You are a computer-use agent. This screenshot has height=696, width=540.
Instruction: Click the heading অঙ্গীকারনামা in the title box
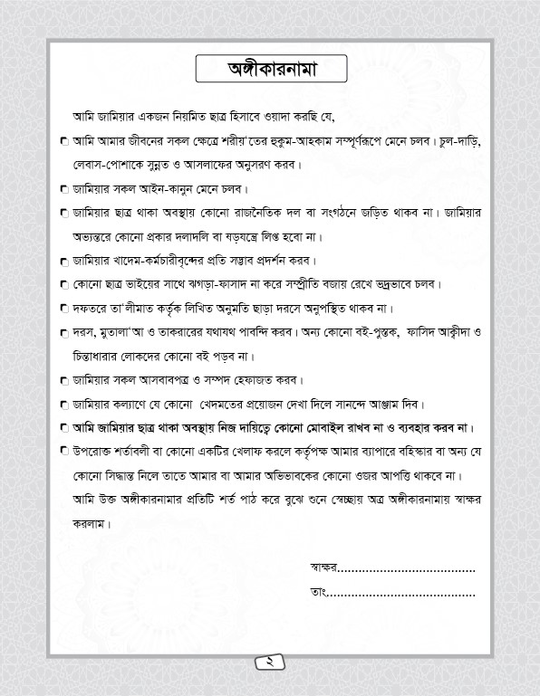point(269,69)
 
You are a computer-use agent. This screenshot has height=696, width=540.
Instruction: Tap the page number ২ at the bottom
point(270,662)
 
